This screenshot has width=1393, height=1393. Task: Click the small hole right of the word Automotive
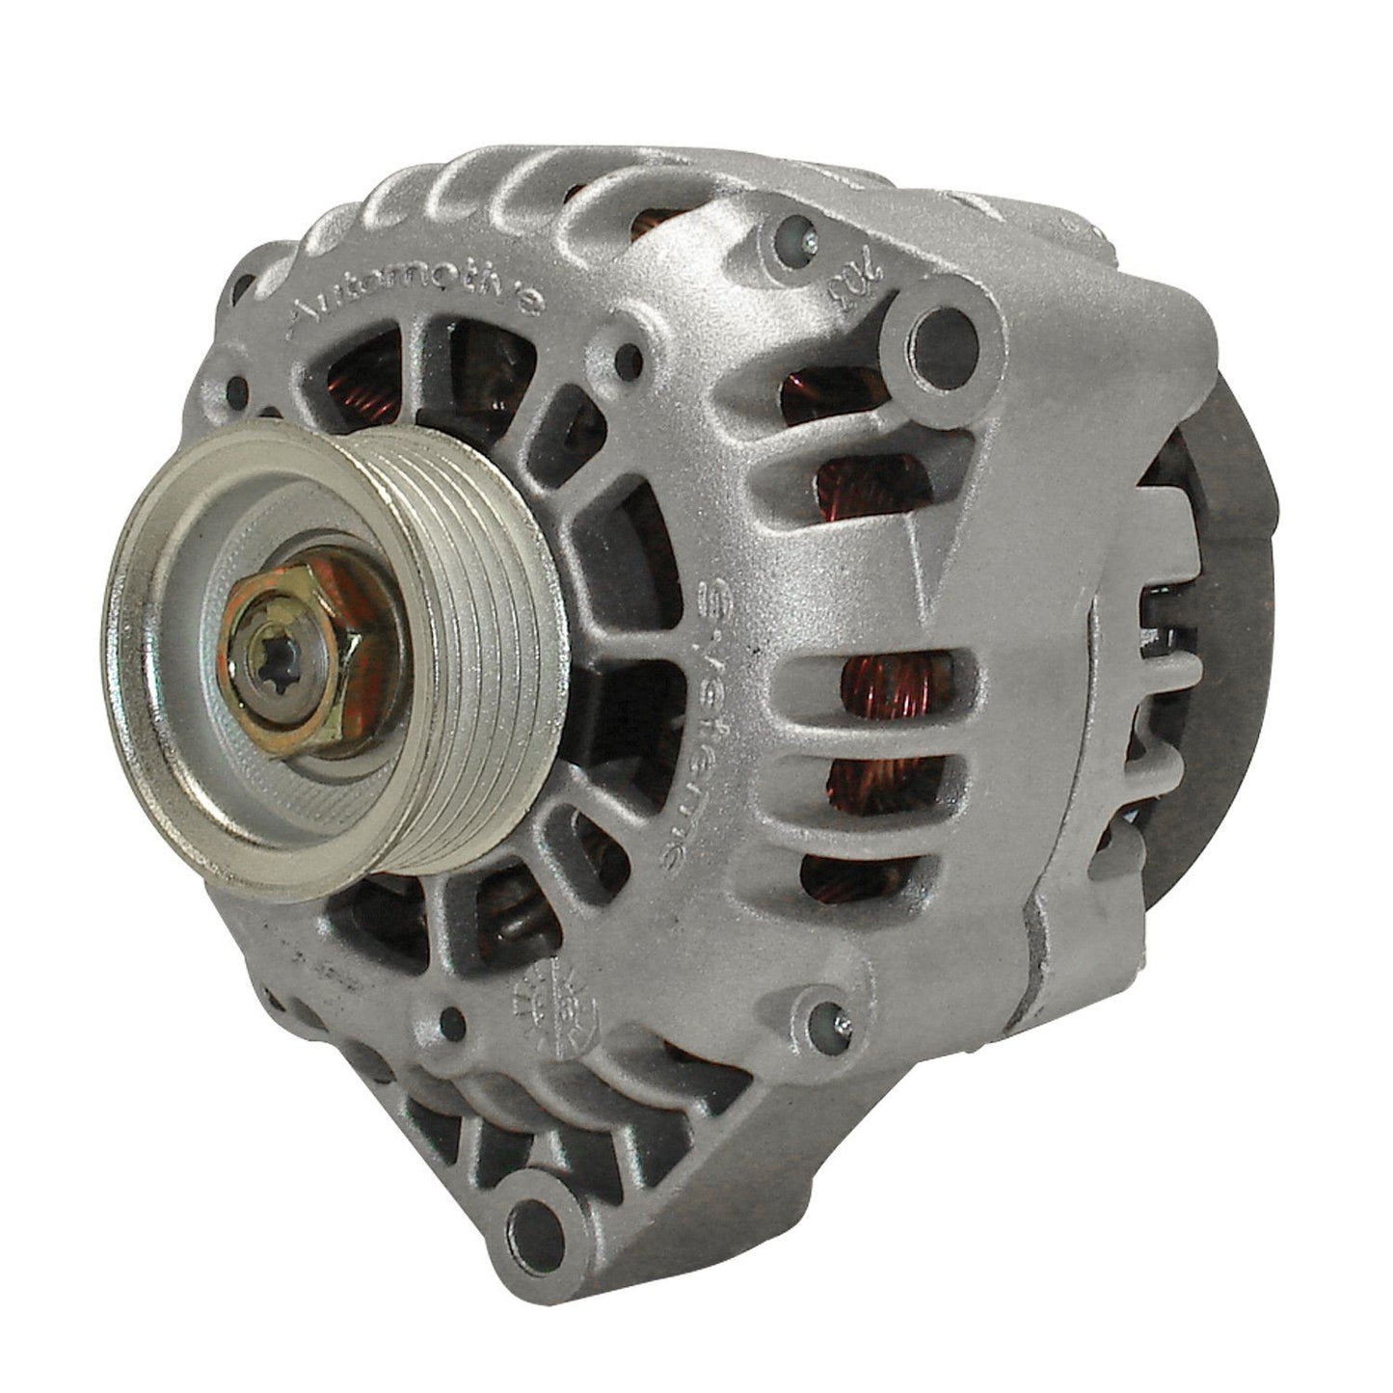(631, 358)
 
